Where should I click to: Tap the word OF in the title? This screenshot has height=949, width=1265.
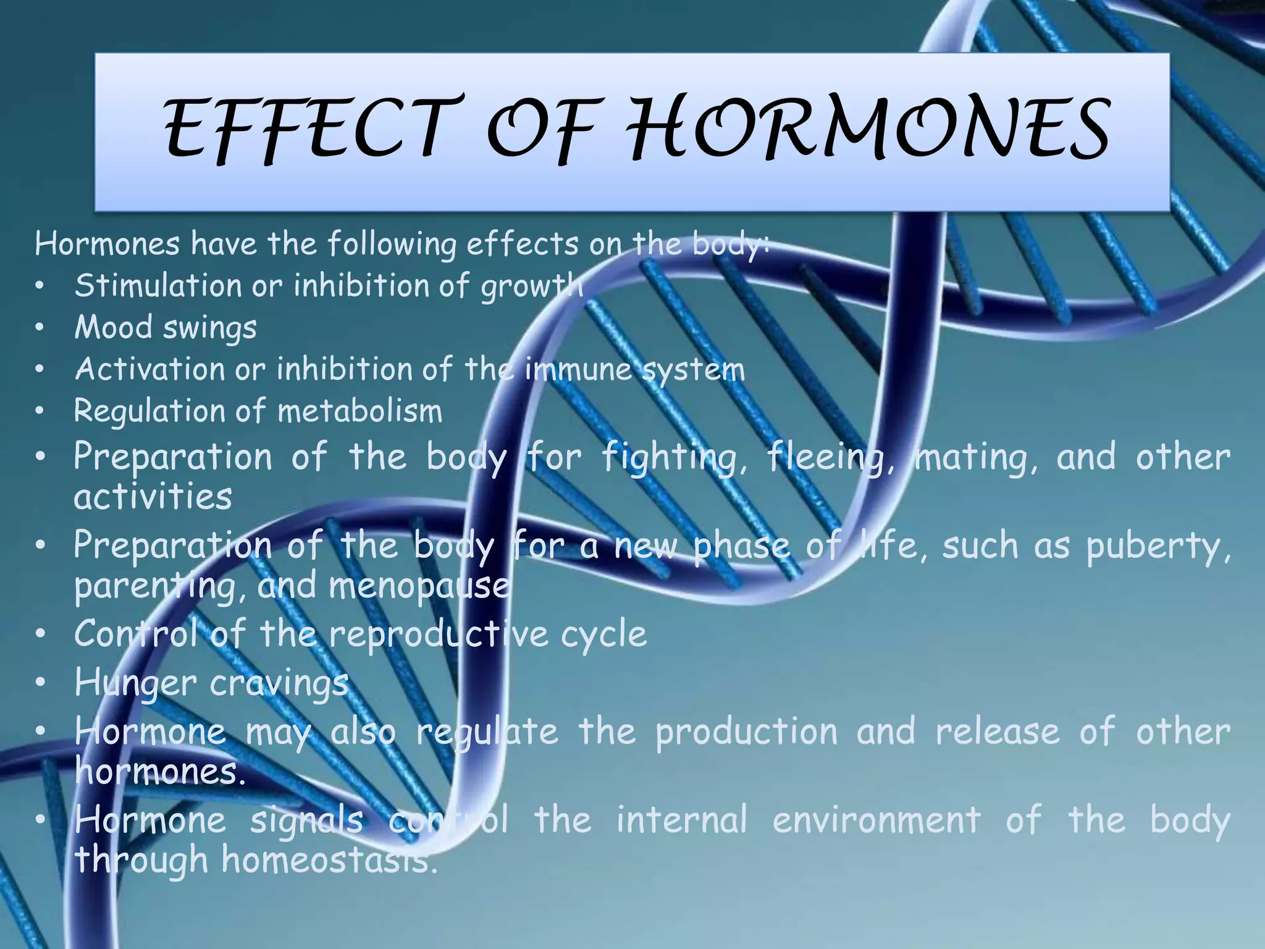[x=543, y=128]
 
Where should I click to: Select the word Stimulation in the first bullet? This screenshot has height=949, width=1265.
[x=158, y=285]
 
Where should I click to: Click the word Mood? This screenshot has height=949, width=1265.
[x=112, y=327]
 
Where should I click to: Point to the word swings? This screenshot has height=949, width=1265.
[x=209, y=328]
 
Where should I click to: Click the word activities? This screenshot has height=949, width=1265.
[x=153, y=496]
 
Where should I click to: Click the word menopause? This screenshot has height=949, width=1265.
[x=419, y=586]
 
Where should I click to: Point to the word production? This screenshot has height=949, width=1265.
[x=746, y=732]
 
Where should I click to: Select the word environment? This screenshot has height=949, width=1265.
[x=876, y=820]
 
